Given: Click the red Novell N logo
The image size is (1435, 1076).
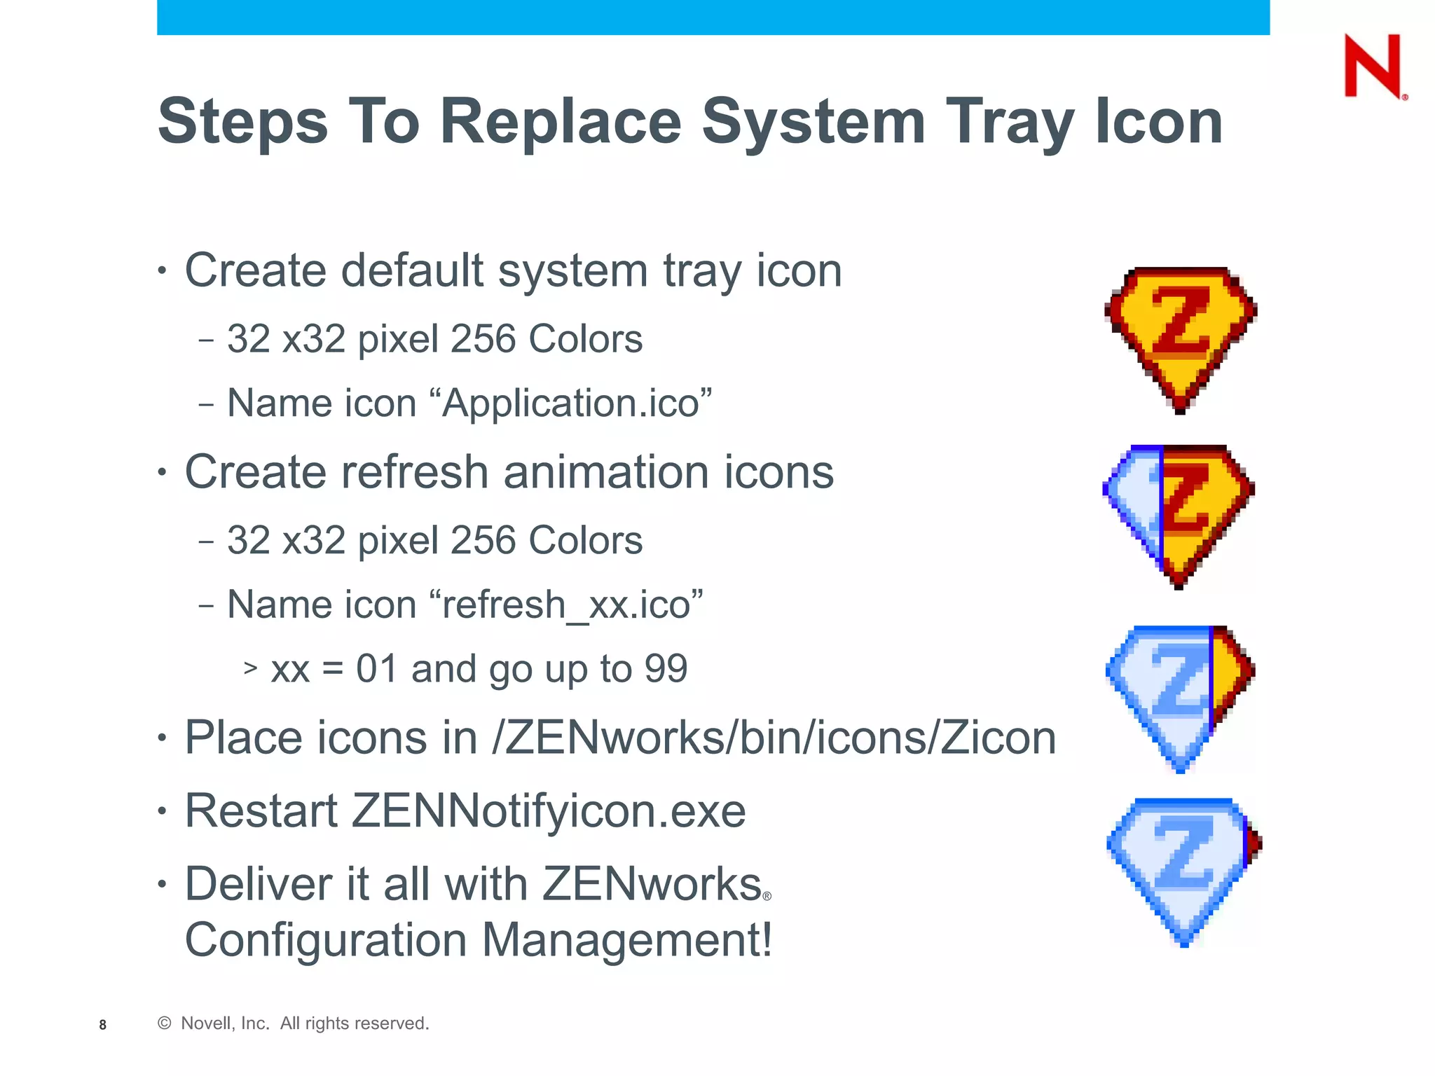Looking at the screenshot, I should click(1373, 67).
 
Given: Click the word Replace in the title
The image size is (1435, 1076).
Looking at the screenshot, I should click(561, 122).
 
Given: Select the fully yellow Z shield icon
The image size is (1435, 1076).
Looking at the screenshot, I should click(1181, 338).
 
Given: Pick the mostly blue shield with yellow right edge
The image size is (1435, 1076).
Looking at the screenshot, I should click(1181, 697).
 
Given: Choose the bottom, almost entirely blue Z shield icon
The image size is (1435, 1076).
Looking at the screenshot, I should click(1183, 871).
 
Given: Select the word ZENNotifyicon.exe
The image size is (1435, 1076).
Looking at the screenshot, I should click(549, 811).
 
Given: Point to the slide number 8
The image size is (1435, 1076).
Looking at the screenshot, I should click(103, 1025).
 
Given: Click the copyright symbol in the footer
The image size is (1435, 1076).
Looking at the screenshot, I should click(165, 1023).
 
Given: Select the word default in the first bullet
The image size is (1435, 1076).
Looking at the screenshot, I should click(413, 270).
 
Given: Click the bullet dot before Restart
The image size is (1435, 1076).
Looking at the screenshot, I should click(163, 811).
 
